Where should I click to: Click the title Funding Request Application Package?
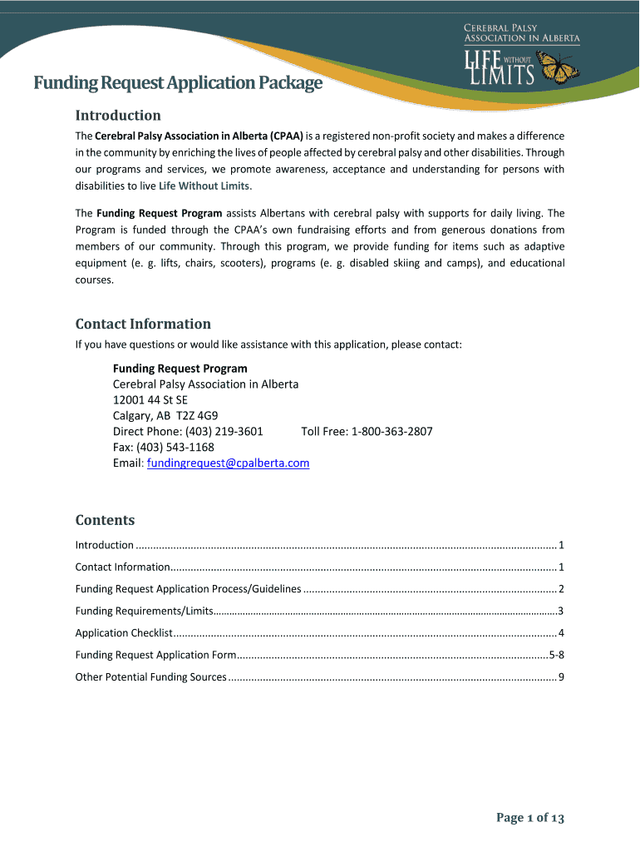tap(177, 83)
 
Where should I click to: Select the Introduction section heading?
tap(118, 115)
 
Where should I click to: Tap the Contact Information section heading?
tap(143, 324)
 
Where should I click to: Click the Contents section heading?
tap(105, 520)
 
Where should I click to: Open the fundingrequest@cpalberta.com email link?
tap(228, 463)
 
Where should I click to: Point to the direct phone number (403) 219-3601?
tap(217, 431)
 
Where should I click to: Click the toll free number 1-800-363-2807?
tap(391, 431)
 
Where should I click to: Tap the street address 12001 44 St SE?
tap(150, 399)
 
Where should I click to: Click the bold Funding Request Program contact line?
tap(180, 368)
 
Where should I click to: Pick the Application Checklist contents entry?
tap(124, 633)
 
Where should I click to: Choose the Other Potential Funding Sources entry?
tap(150, 676)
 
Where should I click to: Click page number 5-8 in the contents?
tap(557, 655)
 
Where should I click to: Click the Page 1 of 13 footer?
tap(530, 818)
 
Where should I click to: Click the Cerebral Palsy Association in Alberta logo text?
tap(521, 33)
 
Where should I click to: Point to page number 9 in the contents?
tap(561, 676)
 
